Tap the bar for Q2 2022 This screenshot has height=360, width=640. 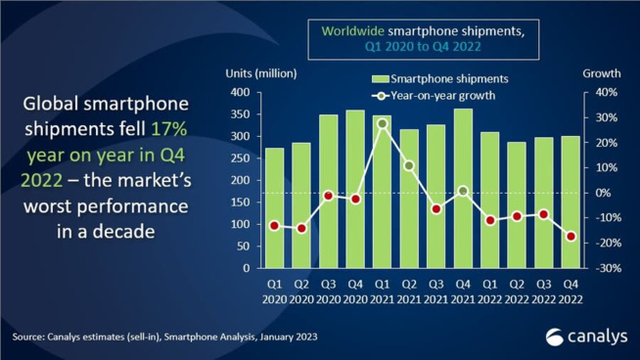[516, 205]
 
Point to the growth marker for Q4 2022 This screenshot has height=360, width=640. [570, 237]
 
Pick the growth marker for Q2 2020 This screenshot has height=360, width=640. [302, 228]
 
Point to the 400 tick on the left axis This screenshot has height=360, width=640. [240, 93]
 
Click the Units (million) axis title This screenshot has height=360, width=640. [261, 74]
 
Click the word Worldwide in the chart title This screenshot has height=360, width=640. [355, 29]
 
